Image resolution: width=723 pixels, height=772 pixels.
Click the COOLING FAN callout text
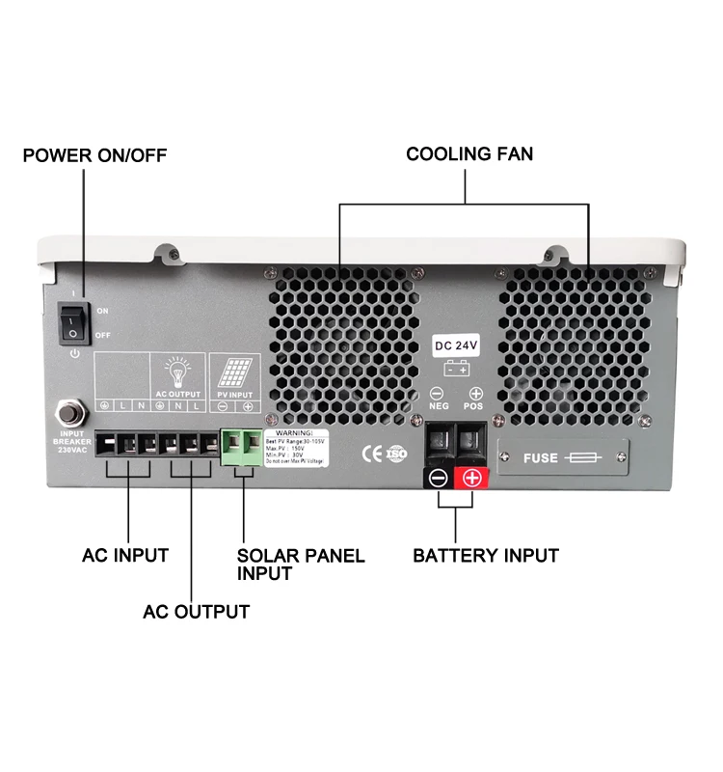[469, 153]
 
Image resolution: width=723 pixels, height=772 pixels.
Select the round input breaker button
[70, 413]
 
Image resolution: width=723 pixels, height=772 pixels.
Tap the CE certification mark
[370, 452]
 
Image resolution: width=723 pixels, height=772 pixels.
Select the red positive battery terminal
[472, 477]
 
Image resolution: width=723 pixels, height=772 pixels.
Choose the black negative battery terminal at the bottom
[438, 477]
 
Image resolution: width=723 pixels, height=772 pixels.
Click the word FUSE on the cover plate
[540, 457]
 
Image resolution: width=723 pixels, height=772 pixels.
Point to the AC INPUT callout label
[125, 555]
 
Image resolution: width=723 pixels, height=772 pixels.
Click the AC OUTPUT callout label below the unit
[196, 611]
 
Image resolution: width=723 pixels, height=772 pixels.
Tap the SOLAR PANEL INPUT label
[301, 564]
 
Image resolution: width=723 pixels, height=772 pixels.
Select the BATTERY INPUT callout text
[486, 555]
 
